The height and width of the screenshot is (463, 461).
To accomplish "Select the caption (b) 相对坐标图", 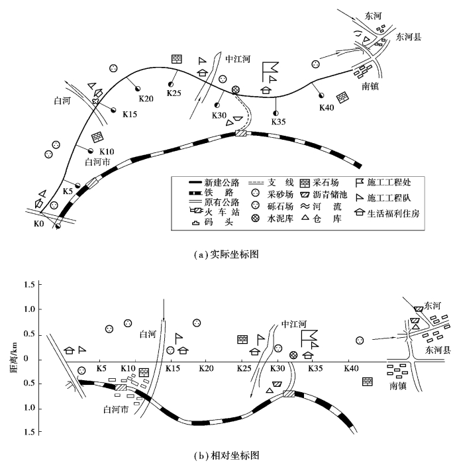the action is click(x=232, y=454).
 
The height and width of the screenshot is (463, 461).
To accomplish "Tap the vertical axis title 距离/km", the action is click(x=12, y=358).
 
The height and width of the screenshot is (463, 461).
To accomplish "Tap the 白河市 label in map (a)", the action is click(x=100, y=161).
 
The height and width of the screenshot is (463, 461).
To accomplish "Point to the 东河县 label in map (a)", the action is click(x=408, y=38).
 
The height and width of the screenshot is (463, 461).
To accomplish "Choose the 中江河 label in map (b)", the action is click(x=295, y=325).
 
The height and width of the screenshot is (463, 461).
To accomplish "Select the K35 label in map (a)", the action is click(x=278, y=122).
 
